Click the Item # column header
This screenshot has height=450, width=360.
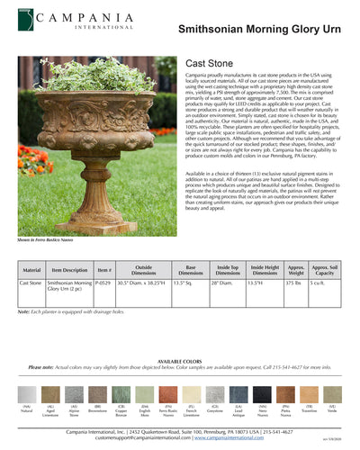tap(104, 269)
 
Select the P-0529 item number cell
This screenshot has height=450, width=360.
tap(104, 283)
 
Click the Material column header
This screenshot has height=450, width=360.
tap(31, 269)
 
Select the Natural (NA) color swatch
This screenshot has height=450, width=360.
tap(27, 394)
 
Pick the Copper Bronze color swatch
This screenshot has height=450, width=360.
tap(121, 394)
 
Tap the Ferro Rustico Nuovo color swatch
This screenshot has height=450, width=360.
tap(167, 394)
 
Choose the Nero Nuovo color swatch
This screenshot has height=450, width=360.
tap(262, 394)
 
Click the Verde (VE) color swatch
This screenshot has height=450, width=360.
tap(333, 394)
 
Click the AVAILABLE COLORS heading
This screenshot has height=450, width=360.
tap(180, 361)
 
